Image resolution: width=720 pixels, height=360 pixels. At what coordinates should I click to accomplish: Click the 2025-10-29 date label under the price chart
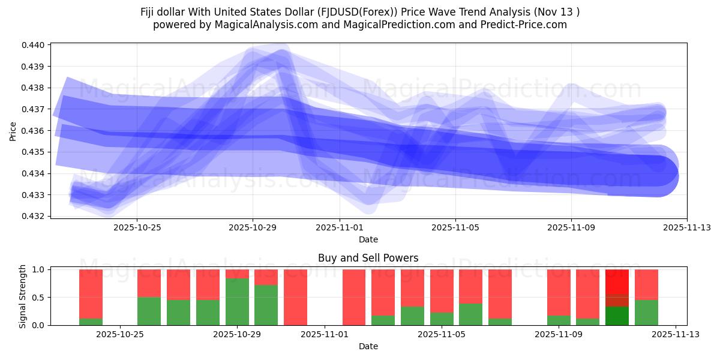253,227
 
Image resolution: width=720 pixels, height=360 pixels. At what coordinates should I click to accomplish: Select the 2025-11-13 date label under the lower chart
676,334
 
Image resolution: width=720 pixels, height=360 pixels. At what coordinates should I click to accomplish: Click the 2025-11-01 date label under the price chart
340,227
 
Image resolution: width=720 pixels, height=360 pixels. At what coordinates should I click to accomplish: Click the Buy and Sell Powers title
368,258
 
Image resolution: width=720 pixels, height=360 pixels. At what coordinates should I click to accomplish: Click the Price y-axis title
13,130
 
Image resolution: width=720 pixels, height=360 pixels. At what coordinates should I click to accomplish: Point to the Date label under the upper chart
368,239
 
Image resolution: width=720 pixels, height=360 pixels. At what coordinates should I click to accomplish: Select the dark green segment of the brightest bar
617,316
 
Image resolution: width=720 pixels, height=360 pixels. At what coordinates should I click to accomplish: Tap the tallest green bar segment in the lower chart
237,302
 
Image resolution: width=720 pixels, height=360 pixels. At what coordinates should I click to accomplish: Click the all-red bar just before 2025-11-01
295,297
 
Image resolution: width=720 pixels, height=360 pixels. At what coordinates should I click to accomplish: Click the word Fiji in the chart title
149,11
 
